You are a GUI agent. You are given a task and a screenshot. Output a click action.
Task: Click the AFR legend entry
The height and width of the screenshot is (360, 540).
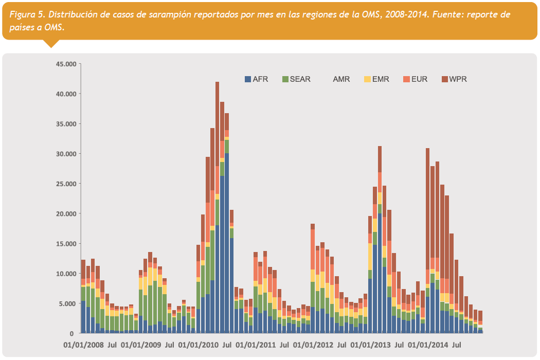pos(256,79)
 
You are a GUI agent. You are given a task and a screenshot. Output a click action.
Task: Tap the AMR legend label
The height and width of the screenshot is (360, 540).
pos(341,79)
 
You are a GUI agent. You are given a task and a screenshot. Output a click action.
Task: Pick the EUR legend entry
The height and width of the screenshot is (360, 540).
pos(416,79)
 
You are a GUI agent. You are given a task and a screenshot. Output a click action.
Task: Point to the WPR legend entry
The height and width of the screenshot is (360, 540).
pos(454,79)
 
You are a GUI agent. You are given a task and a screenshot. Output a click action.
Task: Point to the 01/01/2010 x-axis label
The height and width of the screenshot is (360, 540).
pos(198,344)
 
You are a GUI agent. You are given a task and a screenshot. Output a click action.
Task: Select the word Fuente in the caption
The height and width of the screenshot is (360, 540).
pos(449,14)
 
